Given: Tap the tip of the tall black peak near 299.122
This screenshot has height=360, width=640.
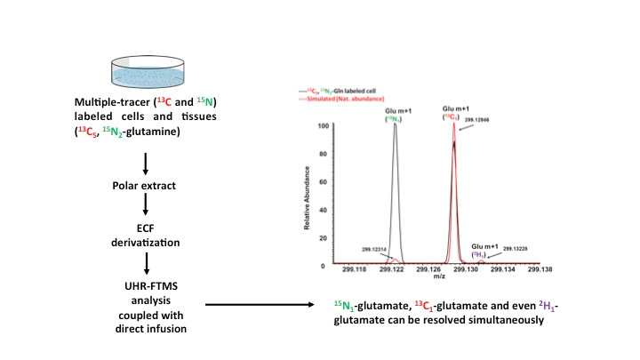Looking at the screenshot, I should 395,127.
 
